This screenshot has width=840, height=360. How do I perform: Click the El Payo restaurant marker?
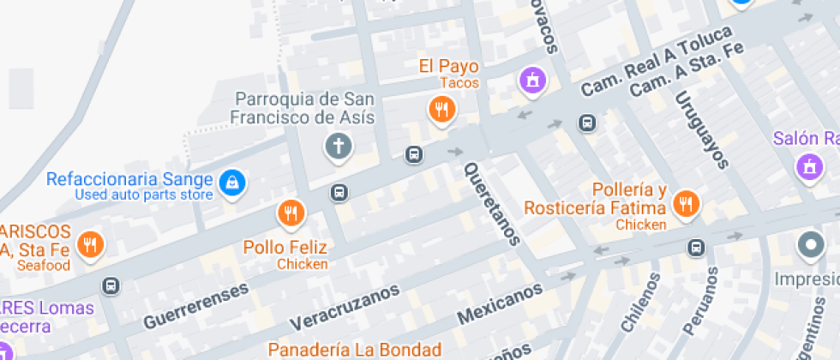pyautogui.click(x=441, y=110)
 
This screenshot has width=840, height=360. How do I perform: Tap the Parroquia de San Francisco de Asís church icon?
pyautogui.click(x=338, y=147)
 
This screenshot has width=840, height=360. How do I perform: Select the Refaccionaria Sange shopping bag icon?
pyautogui.click(x=231, y=181)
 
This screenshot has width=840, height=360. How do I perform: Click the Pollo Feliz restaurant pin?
pyautogui.click(x=291, y=213)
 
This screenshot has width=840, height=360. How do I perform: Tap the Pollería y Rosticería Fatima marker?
pyautogui.click(x=685, y=203)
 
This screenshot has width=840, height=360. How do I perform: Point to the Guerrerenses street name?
pyautogui.click(x=196, y=305)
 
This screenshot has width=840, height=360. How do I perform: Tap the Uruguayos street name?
pyautogui.click(x=701, y=129)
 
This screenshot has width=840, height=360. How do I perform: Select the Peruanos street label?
pyautogui.click(x=700, y=300)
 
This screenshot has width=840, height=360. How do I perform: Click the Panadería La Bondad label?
pyautogui.click(x=354, y=349)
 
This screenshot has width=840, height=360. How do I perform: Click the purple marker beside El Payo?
pyautogui.click(x=533, y=81)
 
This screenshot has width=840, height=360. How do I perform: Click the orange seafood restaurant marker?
pyautogui.click(x=90, y=245)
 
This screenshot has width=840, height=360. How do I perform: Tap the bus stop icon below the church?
pyautogui.click(x=340, y=193)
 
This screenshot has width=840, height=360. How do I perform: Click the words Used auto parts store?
pyautogui.click(x=143, y=195)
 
